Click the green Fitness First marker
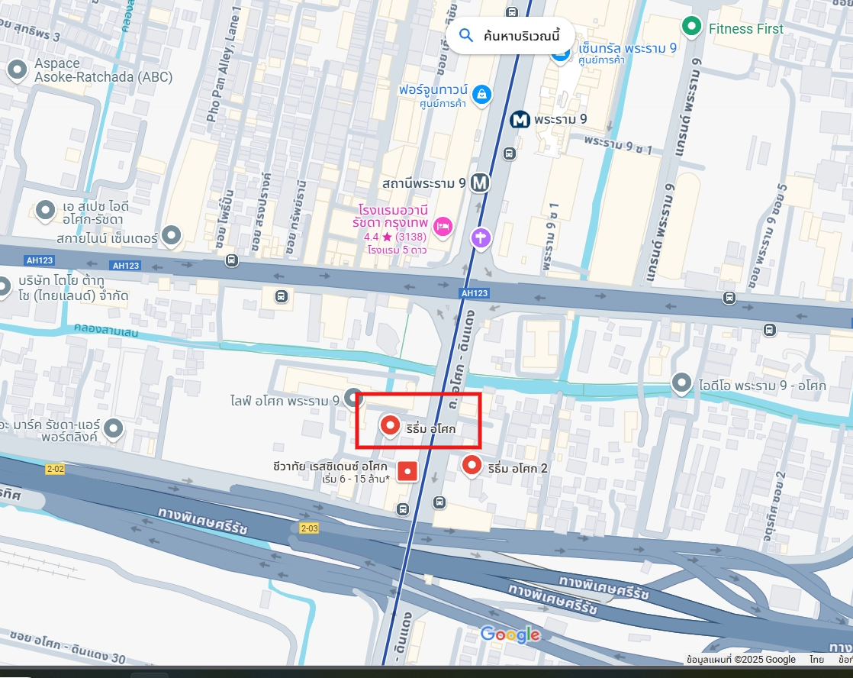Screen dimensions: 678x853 (x=692, y=28)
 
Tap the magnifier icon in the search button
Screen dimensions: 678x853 (x=466, y=35)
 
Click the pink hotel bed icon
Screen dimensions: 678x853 (x=443, y=226)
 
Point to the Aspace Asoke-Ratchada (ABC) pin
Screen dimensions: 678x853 (x=17, y=71)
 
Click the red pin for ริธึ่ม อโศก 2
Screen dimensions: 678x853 (x=472, y=465)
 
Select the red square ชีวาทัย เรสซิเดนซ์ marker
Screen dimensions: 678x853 (x=407, y=472)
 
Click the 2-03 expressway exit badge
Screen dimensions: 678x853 (x=309, y=528)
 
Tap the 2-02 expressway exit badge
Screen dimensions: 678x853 (x=54, y=469)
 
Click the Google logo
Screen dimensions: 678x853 (x=510, y=634)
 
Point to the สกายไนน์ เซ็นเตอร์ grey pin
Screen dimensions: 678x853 (x=172, y=236)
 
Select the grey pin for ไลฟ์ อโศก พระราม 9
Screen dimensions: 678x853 (x=352, y=398)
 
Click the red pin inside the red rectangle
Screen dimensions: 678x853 (x=391, y=425)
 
